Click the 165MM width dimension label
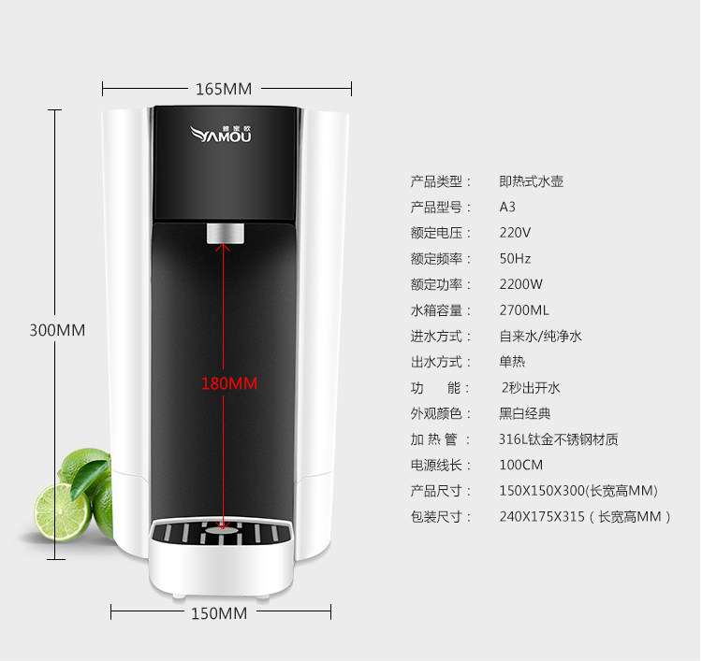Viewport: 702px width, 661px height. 224,89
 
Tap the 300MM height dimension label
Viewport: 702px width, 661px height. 57,330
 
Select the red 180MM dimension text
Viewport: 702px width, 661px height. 229,383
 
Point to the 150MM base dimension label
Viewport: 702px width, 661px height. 219,613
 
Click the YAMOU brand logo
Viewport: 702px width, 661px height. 221,135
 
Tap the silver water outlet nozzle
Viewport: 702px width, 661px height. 226,234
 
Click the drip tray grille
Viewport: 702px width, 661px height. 222,532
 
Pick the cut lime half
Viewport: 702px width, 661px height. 63,512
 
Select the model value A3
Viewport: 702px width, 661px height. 507,207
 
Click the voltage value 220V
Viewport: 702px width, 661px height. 516,233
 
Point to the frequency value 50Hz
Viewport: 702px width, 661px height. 516,258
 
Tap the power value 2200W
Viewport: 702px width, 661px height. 521,284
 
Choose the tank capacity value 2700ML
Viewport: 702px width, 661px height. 524,309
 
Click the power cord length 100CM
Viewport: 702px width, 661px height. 521,465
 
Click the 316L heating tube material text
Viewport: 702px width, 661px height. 559,439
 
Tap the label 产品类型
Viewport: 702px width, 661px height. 436,181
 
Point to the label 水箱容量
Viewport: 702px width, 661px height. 436,309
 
